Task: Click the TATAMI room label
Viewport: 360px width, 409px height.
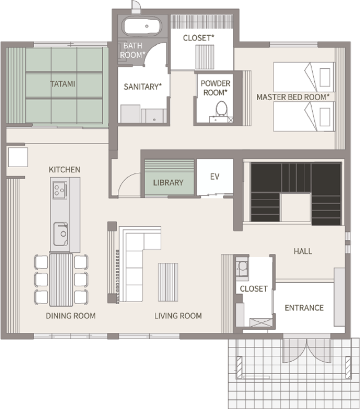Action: (62, 84)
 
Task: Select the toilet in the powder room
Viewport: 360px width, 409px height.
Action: (222, 109)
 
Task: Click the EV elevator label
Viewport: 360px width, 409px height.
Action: (214, 176)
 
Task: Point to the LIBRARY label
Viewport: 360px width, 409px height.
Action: (168, 183)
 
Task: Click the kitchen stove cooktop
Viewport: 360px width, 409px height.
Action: (60, 190)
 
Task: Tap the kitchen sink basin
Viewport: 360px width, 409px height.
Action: (61, 234)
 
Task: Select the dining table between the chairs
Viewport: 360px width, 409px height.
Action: (61, 279)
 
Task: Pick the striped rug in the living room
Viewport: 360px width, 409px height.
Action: (168, 282)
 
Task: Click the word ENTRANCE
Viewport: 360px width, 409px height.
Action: (304, 308)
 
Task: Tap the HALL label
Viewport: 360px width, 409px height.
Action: (303, 251)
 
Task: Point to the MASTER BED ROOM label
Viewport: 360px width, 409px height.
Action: (293, 97)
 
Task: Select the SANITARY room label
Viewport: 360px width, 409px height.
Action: (142, 87)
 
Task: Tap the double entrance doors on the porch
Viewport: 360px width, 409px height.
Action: (307, 351)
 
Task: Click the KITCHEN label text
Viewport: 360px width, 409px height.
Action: (65, 170)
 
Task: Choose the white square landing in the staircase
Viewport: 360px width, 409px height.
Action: (296, 207)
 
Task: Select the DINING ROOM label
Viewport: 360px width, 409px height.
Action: (70, 316)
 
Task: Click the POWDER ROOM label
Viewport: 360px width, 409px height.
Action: (216, 88)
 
